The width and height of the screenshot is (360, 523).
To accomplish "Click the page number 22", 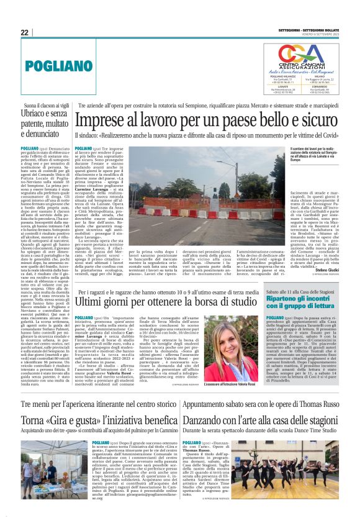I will coord(25,32).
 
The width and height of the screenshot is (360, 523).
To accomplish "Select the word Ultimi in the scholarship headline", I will coord(90,301).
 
